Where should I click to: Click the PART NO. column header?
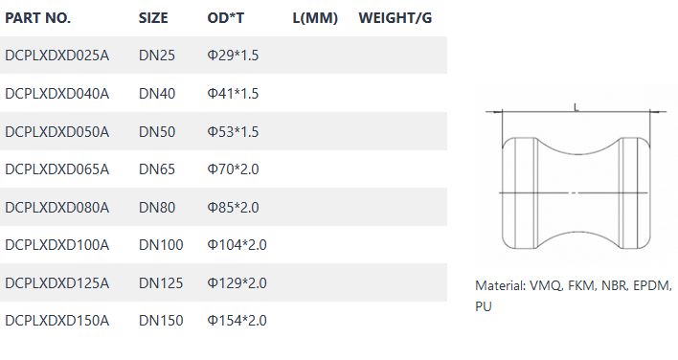click(x=37, y=18)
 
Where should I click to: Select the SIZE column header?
click(x=153, y=18)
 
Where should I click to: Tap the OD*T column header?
click(x=226, y=18)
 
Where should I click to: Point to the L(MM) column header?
click(x=315, y=18)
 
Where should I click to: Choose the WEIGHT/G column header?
click(x=395, y=18)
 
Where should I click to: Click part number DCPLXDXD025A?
click(x=57, y=56)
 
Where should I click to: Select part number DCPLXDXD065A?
click(x=57, y=169)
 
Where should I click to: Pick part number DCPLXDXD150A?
click(x=57, y=321)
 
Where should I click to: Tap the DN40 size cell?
click(x=157, y=93)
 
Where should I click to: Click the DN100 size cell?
click(x=161, y=245)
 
